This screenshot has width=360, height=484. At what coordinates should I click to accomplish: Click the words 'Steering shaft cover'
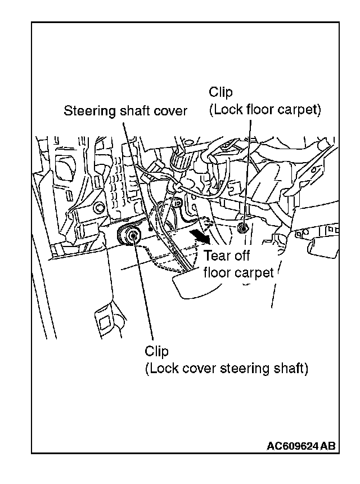pyautogui.click(x=125, y=111)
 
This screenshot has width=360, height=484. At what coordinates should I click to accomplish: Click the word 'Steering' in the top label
pyautogui.click(x=87, y=111)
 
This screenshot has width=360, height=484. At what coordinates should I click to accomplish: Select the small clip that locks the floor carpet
pyautogui.click(x=244, y=227)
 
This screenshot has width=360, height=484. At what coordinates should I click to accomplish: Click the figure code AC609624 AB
pyautogui.click(x=301, y=446)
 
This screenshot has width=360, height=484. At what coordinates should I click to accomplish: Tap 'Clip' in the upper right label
pyautogui.click(x=220, y=92)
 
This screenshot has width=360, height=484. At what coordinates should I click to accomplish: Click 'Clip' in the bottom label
pyautogui.click(x=156, y=352)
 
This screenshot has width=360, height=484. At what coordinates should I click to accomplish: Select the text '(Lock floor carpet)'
pyautogui.click(x=264, y=109)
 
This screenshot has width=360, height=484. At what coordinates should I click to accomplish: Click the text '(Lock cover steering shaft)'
pyautogui.click(x=226, y=369)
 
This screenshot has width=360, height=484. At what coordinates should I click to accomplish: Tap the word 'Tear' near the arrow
pyautogui.click(x=217, y=257)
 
